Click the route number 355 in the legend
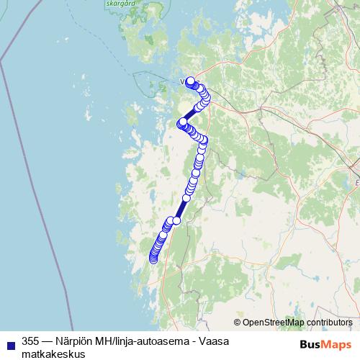(31, 341)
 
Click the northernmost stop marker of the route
(190, 81)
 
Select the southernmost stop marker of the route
(153, 259)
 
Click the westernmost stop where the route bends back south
(182, 122)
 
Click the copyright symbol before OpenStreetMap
(238, 323)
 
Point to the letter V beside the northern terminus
(182, 81)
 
